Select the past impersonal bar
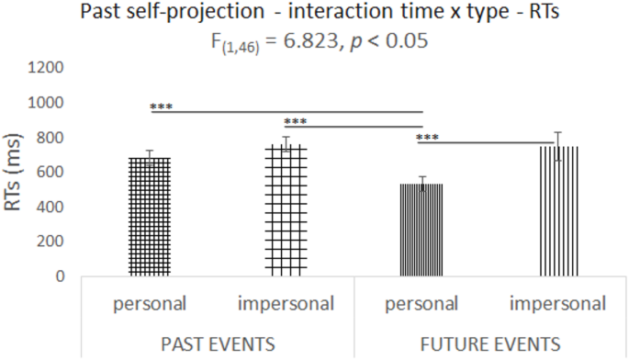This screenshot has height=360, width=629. tap(286, 210)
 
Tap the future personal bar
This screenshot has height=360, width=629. tap(421, 230)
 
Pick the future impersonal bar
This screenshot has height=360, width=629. tap(558, 210)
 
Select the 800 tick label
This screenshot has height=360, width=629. tap(51, 138)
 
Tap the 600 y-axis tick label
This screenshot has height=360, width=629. tap(51, 172)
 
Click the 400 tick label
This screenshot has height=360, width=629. tap(51, 207)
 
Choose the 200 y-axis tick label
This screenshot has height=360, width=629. tap(51, 242)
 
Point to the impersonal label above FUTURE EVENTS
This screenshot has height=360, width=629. tap(558, 303)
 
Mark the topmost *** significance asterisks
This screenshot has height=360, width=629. tap(163, 107)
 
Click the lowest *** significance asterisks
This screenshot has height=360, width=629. tap(428, 139)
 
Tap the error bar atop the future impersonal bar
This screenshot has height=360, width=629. tap(558, 146)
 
